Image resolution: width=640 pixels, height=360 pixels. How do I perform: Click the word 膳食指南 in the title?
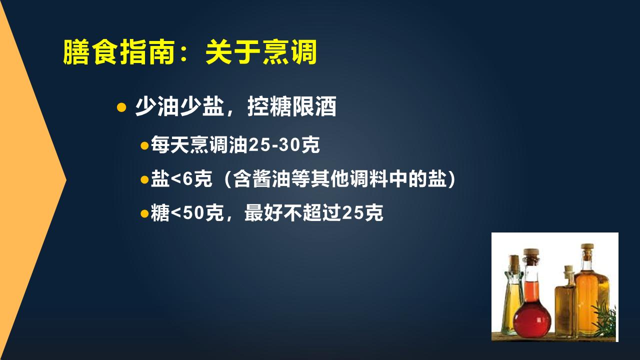pyautogui.click(x=119, y=53)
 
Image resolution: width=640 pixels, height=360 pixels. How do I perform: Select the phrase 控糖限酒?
pyautogui.click(x=291, y=107)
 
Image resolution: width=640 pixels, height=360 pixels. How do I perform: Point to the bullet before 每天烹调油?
pyautogui.click(x=144, y=146)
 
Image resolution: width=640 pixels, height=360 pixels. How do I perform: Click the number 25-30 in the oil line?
pyautogui.click(x=276, y=146)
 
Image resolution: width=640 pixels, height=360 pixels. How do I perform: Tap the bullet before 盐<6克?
pyautogui.click(x=144, y=179)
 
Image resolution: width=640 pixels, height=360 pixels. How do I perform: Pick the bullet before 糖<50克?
pyautogui.click(x=144, y=213)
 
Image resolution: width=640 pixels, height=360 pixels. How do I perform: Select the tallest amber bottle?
pyautogui.click(x=591, y=295)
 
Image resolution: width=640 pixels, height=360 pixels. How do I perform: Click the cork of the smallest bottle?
pyautogui.click(x=568, y=270)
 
